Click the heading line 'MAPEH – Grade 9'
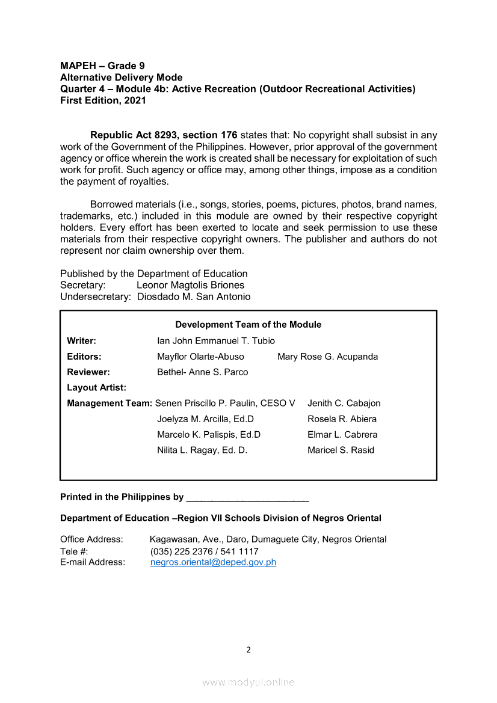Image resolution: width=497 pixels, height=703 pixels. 102,66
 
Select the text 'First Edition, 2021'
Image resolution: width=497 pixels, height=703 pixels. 103,100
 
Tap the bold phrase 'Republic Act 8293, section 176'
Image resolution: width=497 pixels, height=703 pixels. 164,135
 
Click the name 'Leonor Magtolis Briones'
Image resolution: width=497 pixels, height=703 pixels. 190,285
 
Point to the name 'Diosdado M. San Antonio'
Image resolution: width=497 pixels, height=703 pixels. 194,296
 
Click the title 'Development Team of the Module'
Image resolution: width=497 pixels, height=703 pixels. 248,325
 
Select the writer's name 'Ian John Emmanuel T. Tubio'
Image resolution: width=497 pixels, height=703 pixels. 216,341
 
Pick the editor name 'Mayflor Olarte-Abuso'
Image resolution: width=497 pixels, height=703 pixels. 200,357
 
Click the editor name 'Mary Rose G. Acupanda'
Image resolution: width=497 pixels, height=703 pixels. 327,357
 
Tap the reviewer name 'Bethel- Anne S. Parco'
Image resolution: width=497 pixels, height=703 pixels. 202,372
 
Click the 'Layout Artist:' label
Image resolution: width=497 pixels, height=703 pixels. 96,388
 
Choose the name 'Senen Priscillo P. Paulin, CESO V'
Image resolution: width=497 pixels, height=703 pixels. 225,404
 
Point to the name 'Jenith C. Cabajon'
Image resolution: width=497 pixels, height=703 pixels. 344,404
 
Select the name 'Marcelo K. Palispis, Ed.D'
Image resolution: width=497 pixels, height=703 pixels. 209,435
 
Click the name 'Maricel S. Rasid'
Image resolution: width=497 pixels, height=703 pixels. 341,450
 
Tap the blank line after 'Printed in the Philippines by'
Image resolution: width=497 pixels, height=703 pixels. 247,498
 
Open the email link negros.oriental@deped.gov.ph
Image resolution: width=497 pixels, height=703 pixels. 213,563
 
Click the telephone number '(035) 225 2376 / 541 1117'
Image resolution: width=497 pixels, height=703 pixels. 204,551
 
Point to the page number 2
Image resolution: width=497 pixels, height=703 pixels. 248,649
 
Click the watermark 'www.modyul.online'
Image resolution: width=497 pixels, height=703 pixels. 248,683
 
